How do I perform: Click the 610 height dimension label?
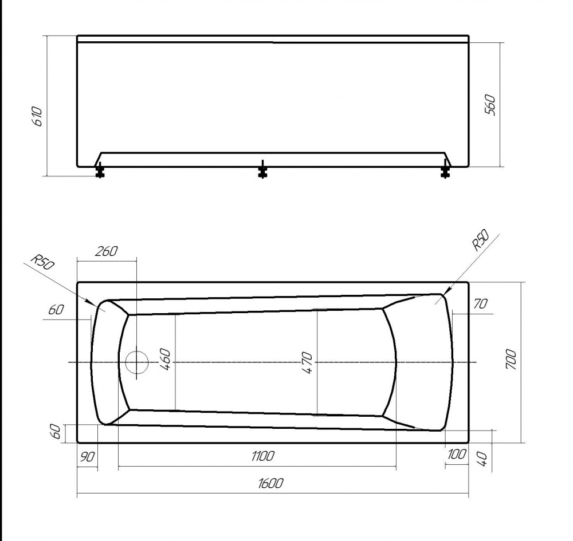[37, 116]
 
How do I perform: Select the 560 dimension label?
[490, 105]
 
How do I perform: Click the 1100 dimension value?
[262, 456]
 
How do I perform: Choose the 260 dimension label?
[106, 250]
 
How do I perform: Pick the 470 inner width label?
[307, 363]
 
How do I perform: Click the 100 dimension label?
[456, 454]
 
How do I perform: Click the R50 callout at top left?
[41, 262]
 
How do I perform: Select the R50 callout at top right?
[480, 240]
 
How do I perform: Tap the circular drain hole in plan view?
[136, 362]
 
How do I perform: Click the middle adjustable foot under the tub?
[262, 170]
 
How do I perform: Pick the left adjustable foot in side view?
[100, 170]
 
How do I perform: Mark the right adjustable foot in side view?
[445, 170]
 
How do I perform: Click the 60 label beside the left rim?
[56, 310]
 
